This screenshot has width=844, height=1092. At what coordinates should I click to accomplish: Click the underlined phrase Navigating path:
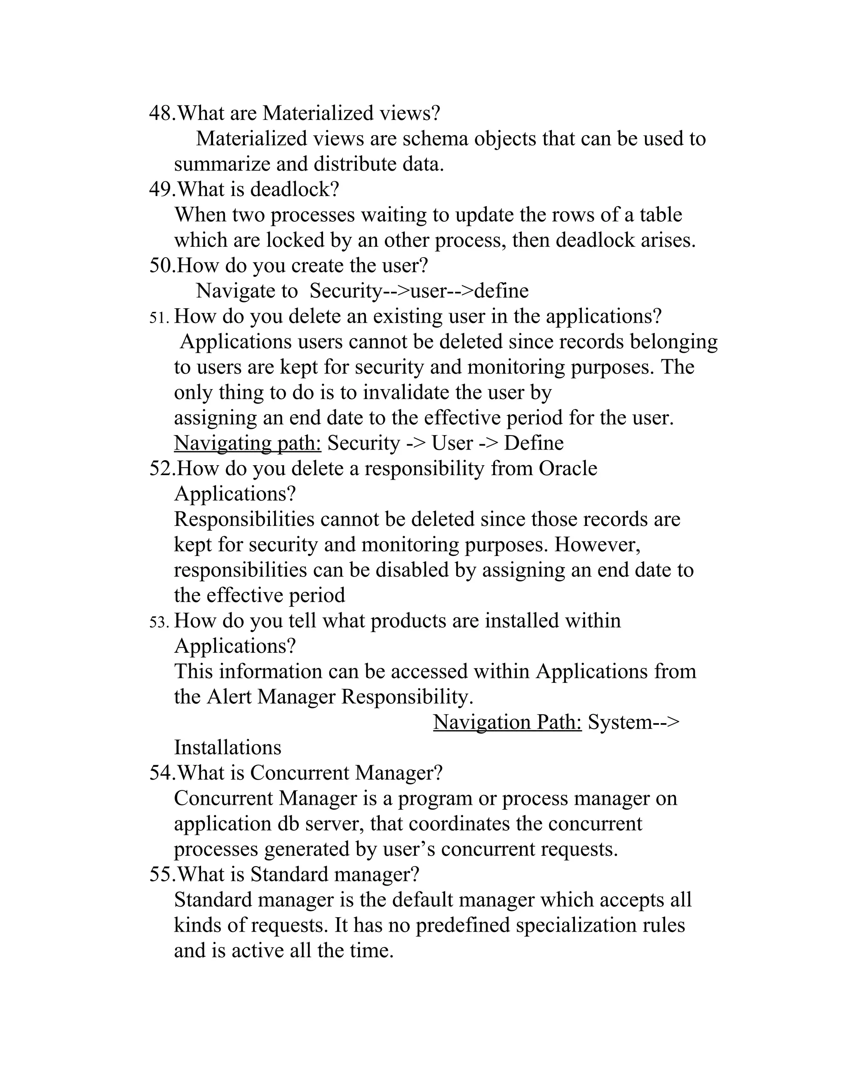pos(248,443)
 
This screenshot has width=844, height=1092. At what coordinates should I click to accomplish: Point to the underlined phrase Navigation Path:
pos(507,722)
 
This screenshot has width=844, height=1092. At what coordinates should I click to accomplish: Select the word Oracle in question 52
pos(567,469)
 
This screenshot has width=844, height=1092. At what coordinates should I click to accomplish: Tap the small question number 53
pos(159,622)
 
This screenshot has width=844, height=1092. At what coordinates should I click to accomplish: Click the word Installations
pos(227,748)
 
